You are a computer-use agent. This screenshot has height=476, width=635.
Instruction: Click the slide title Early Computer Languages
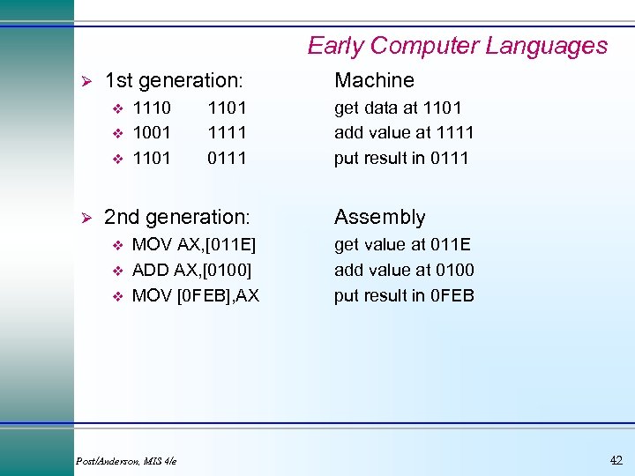[x=457, y=46]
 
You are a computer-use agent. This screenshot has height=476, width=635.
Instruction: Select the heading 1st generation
[x=173, y=81]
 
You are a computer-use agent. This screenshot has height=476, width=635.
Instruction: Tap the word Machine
[x=374, y=81]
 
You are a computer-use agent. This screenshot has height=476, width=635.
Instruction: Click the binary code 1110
[x=152, y=108]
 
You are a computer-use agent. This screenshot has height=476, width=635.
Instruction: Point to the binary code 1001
[x=152, y=133]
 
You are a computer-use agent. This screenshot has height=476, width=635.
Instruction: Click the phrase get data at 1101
[x=398, y=108]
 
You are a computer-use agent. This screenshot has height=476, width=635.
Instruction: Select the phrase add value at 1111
[x=404, y=133]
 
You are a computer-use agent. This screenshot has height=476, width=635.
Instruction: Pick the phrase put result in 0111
[x=401, y=159]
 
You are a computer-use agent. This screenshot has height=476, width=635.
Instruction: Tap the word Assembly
[x=379, y=217]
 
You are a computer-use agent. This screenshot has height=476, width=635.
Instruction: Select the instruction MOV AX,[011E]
[x=194, y=244]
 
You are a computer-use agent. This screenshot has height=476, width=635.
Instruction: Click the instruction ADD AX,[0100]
[x=191, y=270]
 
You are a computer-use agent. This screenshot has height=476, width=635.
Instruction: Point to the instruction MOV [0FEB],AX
[x=196, y=295]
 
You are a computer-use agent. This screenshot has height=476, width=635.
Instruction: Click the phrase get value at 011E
[x=403, y=244]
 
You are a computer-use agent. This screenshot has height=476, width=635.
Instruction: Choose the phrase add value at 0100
[x=404, y=270]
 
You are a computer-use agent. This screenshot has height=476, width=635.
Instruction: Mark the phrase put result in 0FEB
[x=404, y=295]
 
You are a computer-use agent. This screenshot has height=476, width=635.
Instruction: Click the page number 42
[x=616, y=459]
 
